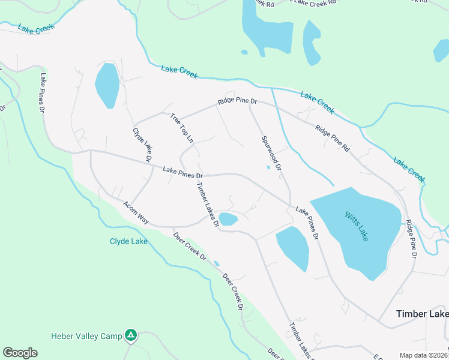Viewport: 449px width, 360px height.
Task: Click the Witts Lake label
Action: [356, 225]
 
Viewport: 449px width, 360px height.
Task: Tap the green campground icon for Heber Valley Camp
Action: [131, 335]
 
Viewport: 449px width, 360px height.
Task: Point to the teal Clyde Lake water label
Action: [128, 242]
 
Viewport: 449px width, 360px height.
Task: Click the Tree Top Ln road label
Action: [182, 128]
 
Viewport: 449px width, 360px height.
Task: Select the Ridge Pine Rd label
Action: [332, 137]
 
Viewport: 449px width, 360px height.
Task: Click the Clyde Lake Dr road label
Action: [142, 145]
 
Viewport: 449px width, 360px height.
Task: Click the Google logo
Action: [20, 353]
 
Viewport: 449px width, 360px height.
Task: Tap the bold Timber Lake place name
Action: [422, 314]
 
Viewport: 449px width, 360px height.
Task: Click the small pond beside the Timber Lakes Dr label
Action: [228, 219]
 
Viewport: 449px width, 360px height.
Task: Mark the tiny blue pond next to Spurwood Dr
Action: [268, 167]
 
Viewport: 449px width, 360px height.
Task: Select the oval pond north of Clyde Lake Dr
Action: [107, 85]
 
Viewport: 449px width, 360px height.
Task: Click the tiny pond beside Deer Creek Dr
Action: [217, 263]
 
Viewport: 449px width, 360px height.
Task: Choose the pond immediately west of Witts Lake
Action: [293, 248]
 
